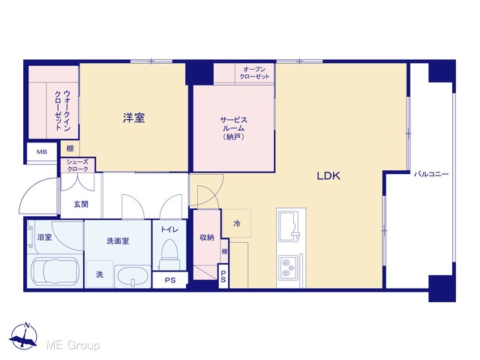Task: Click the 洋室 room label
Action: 133,118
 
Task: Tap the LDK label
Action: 328,175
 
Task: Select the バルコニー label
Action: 431,174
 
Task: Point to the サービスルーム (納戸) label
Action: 233,128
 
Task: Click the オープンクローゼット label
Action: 255,73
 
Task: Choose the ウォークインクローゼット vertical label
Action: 62,110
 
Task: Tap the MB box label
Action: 42,151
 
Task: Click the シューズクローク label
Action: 77,166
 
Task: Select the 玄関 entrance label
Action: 81,204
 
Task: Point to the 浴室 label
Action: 44,237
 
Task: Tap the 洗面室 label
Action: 118,241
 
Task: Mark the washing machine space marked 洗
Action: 100,274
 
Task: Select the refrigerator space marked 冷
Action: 237,223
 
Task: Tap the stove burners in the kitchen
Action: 288,267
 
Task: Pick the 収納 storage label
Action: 207,237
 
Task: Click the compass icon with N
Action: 23,336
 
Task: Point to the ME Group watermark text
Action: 73,345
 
